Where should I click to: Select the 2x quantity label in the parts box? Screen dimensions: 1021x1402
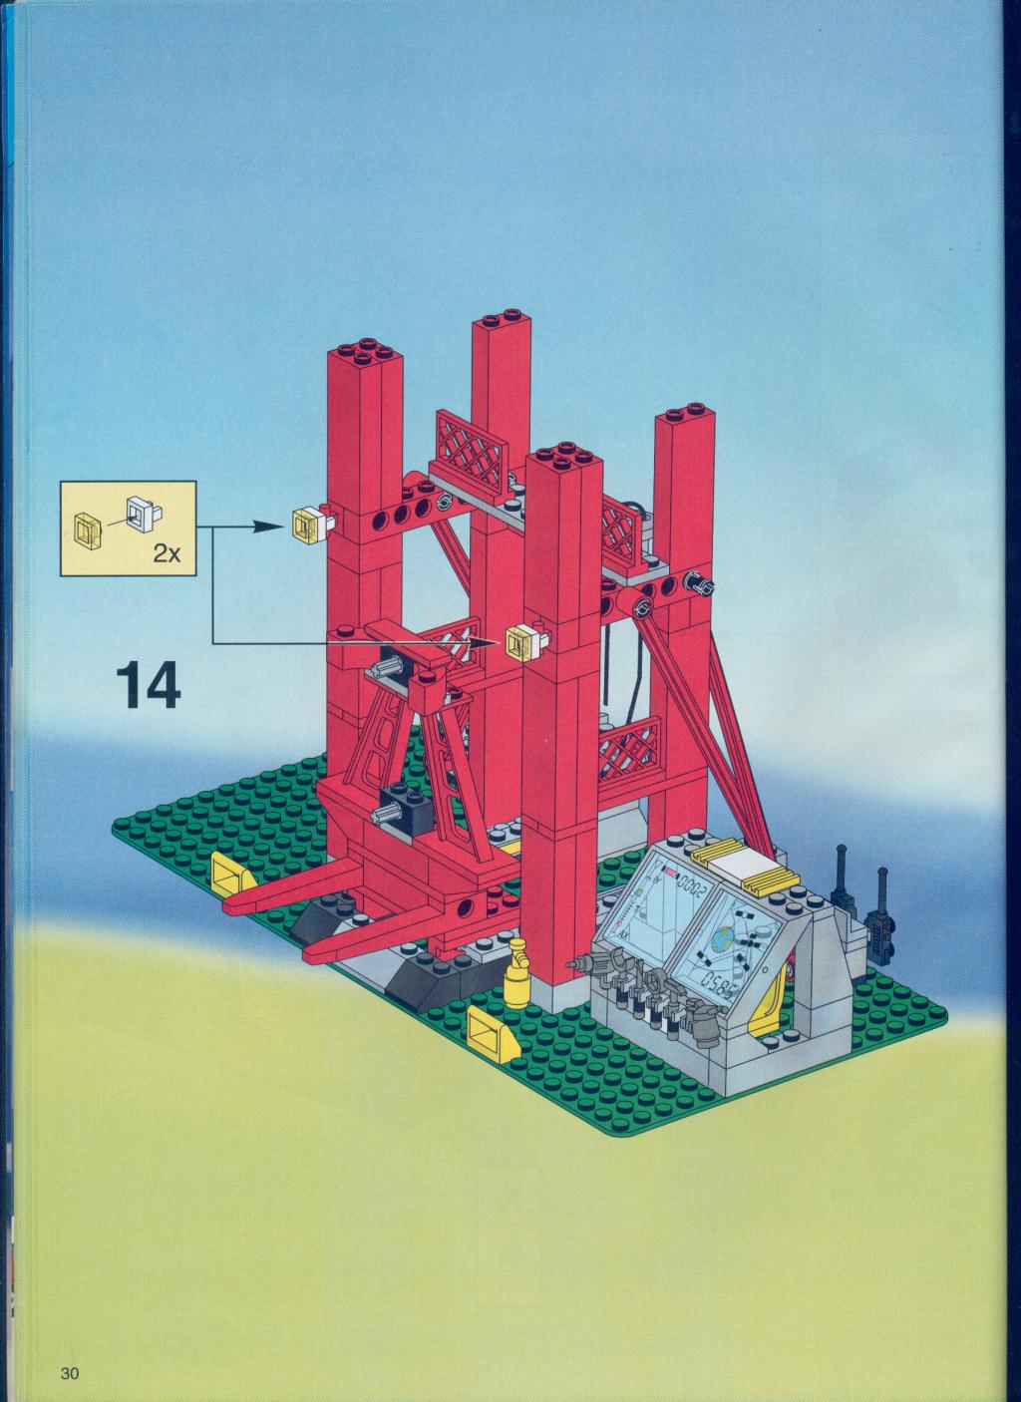click(167, 553)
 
